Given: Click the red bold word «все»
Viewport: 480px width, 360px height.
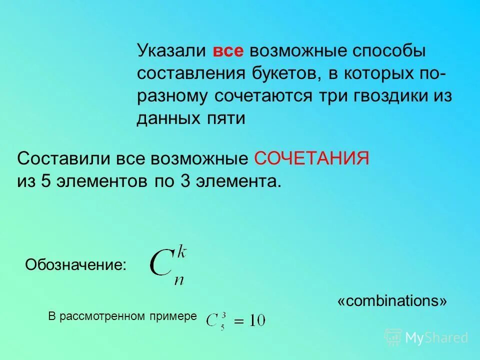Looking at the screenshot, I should (x=228, y=51).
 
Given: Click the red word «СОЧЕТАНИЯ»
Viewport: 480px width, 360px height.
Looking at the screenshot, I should (x=311, y=158).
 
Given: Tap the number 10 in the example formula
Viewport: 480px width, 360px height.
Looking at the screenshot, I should (x=257, y=320).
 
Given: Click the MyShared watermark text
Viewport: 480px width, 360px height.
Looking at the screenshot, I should (x=436, y=337).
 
